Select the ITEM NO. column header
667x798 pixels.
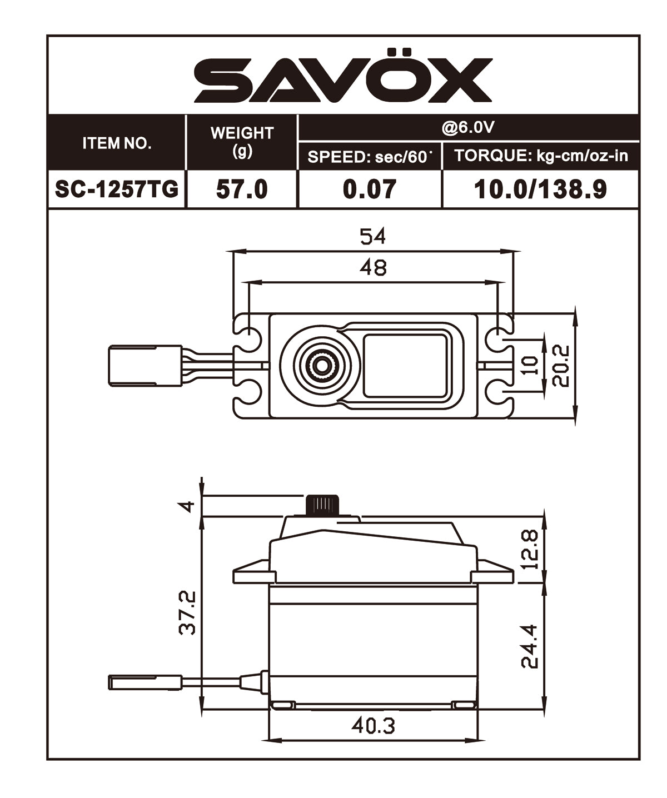coord(117,143)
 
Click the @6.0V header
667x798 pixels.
coord(468,128)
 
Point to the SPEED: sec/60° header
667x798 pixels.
coord(370,157)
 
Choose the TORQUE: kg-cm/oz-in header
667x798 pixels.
coord(540,156)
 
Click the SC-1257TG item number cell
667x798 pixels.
coord(117,189)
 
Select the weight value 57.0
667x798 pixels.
coord(242,189)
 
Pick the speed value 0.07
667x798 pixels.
coord(370,189)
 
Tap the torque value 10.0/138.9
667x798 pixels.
coord(540,189)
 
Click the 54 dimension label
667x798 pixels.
coord(372,237)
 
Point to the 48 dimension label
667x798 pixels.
coord(372,268)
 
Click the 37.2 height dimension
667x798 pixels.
coord(187,612)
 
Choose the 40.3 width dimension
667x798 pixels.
coord(372,726)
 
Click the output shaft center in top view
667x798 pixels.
coord(321,365)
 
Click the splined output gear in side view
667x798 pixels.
coord(322,505)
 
